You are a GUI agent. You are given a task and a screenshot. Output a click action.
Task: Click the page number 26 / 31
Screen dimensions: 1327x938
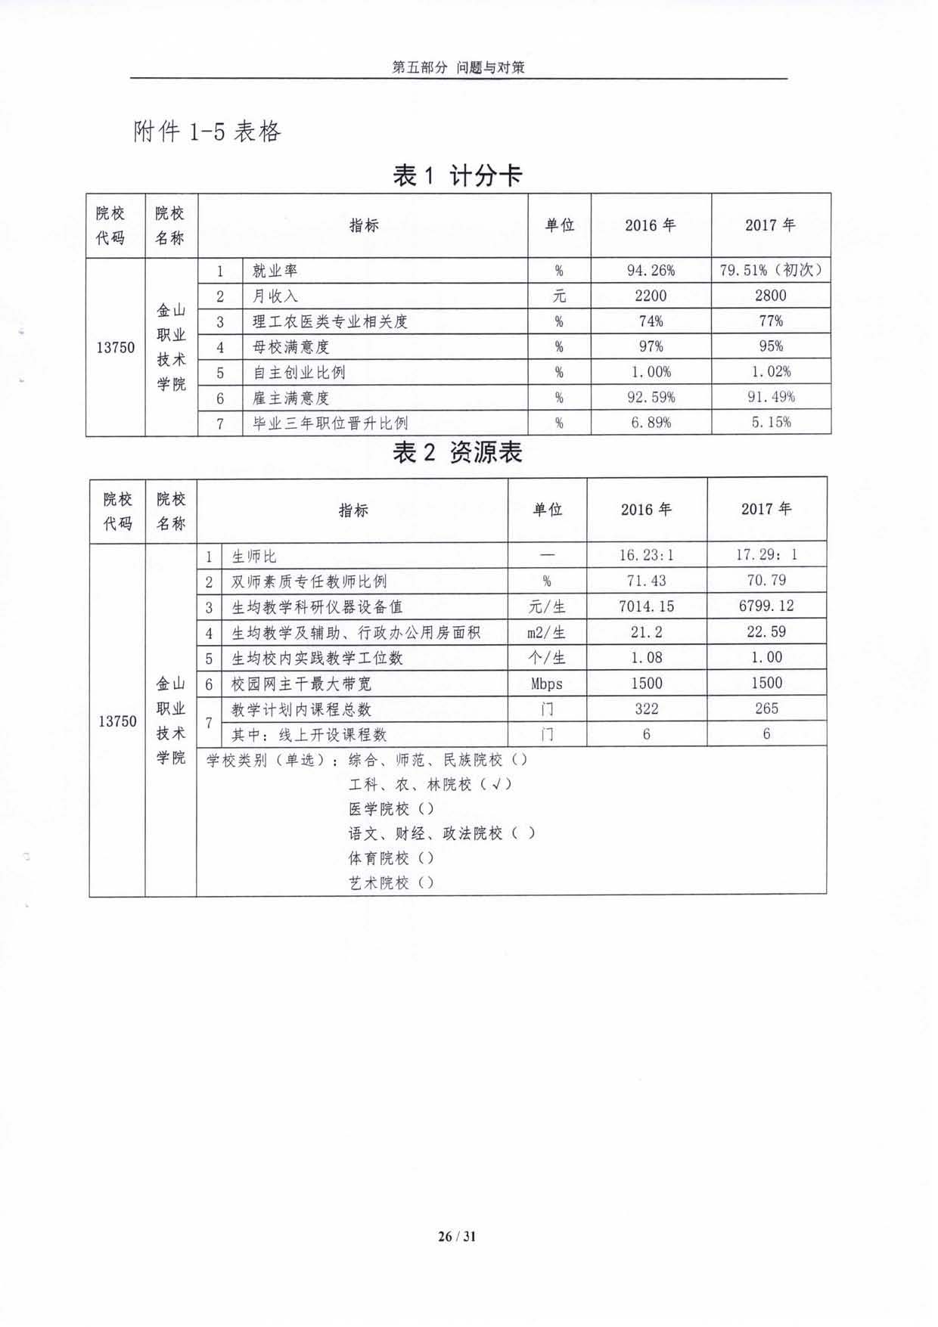457,1236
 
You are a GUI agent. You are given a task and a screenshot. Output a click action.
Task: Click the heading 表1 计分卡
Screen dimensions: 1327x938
458,176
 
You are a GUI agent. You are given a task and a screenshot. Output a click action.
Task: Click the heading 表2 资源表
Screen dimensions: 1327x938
458,453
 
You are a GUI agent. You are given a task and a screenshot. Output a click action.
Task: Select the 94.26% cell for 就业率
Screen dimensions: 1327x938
651,270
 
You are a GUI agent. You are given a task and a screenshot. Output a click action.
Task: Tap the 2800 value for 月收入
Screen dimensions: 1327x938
770,296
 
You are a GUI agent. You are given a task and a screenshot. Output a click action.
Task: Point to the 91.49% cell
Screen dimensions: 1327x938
770,397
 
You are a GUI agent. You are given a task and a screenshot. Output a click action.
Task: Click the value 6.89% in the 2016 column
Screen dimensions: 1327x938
651,423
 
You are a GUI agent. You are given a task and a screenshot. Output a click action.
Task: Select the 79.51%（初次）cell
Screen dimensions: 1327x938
770,270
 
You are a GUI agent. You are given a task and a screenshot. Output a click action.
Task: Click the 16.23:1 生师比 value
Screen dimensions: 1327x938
646,555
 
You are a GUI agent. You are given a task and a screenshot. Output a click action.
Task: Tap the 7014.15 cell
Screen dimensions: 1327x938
646,606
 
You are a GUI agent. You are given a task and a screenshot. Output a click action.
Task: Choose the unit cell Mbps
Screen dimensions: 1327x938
546,684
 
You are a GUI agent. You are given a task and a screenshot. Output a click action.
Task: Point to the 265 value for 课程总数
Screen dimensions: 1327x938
766,708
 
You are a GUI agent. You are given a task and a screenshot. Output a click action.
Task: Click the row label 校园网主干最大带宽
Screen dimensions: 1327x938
301,684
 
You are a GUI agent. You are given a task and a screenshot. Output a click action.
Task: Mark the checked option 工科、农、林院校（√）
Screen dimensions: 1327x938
430,785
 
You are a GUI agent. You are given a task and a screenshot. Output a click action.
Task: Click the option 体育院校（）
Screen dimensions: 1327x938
390,858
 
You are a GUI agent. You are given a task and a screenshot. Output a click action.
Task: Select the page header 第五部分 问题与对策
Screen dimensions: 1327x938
458,67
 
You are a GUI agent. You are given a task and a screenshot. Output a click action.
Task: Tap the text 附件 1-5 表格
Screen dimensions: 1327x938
207,132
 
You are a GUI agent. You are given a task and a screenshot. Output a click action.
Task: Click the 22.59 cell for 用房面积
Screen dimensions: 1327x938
766,631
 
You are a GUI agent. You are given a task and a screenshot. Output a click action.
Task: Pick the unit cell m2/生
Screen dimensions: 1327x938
546,632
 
